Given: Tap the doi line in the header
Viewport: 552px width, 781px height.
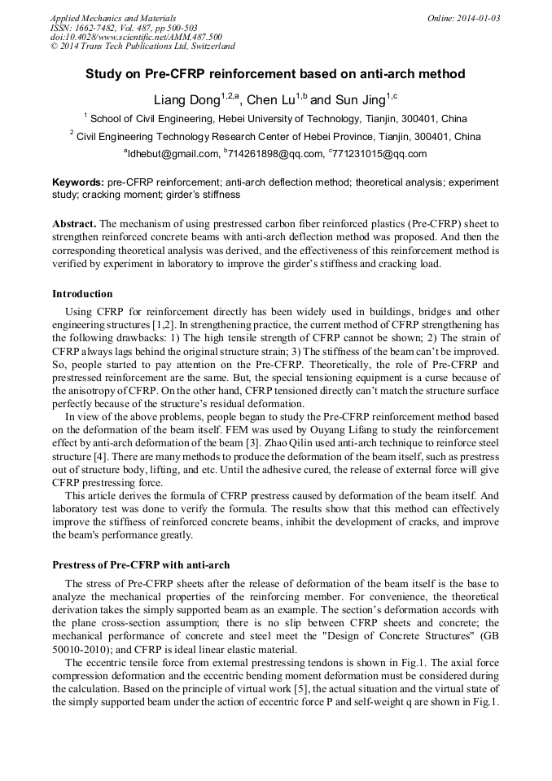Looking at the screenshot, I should pyautogui.click(x=136, y=37).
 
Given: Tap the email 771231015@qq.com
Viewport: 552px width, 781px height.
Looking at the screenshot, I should pyautogui.click(x=379, y=154).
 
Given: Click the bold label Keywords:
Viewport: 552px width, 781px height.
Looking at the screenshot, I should pyautogui.click(x=78, y=183).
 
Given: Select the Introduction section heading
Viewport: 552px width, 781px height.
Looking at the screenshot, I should pyautogui.click(x=82, y=294).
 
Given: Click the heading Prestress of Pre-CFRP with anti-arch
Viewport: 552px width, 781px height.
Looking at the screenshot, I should pyautogui.click(x=141, y=564).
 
